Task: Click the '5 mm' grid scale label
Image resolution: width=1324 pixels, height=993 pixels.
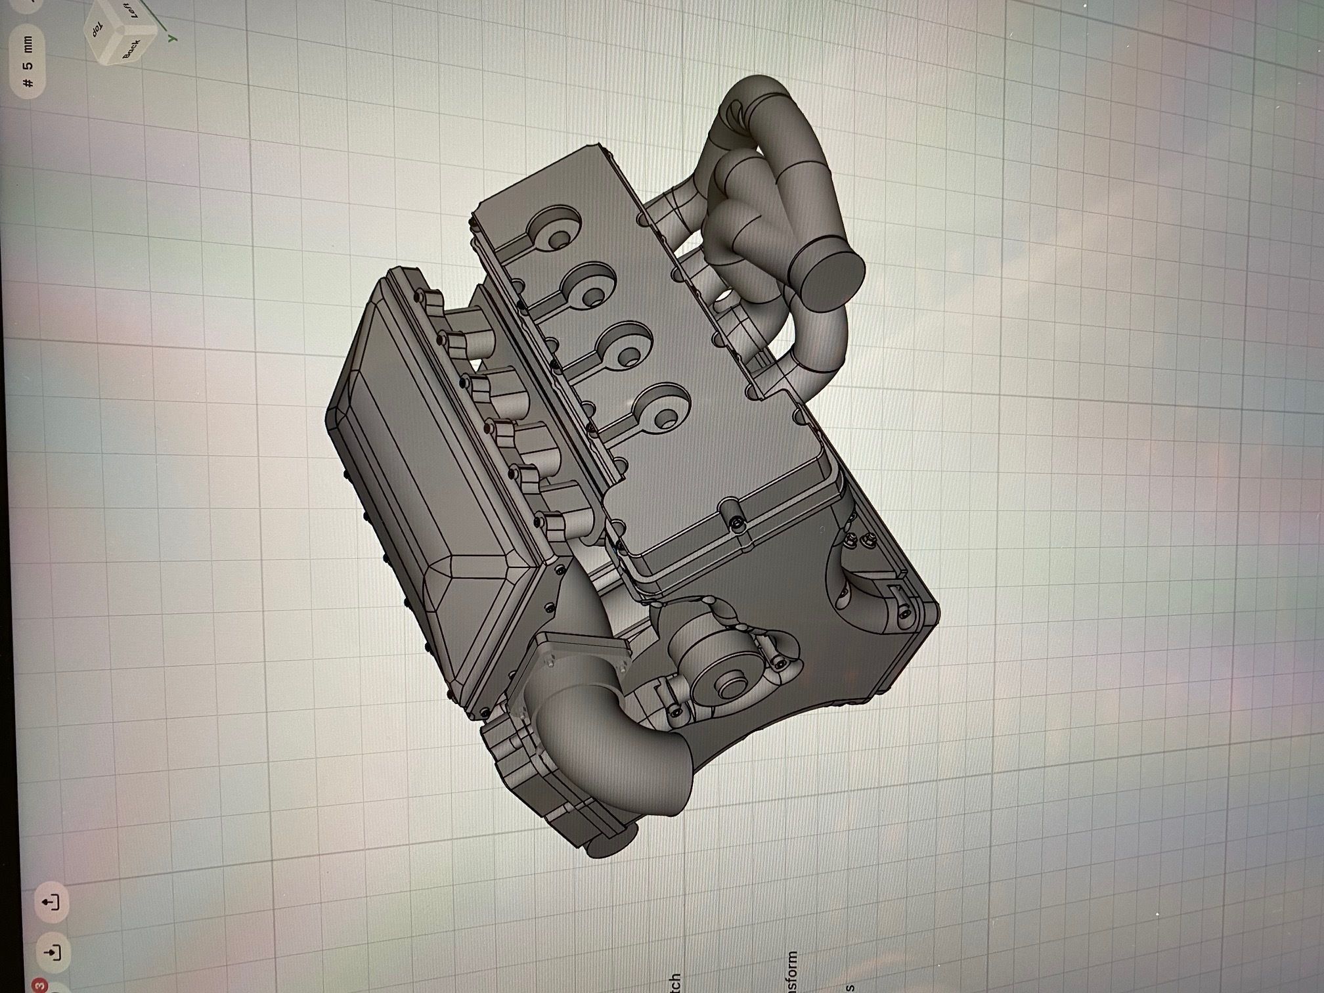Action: pyautogui.click(x=28, y=63)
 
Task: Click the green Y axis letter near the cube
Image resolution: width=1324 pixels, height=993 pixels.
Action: pyautogui.click(x=172, y=39)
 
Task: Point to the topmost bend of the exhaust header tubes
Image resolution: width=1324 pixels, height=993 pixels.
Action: pyautogui.click(x=762, y=99)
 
